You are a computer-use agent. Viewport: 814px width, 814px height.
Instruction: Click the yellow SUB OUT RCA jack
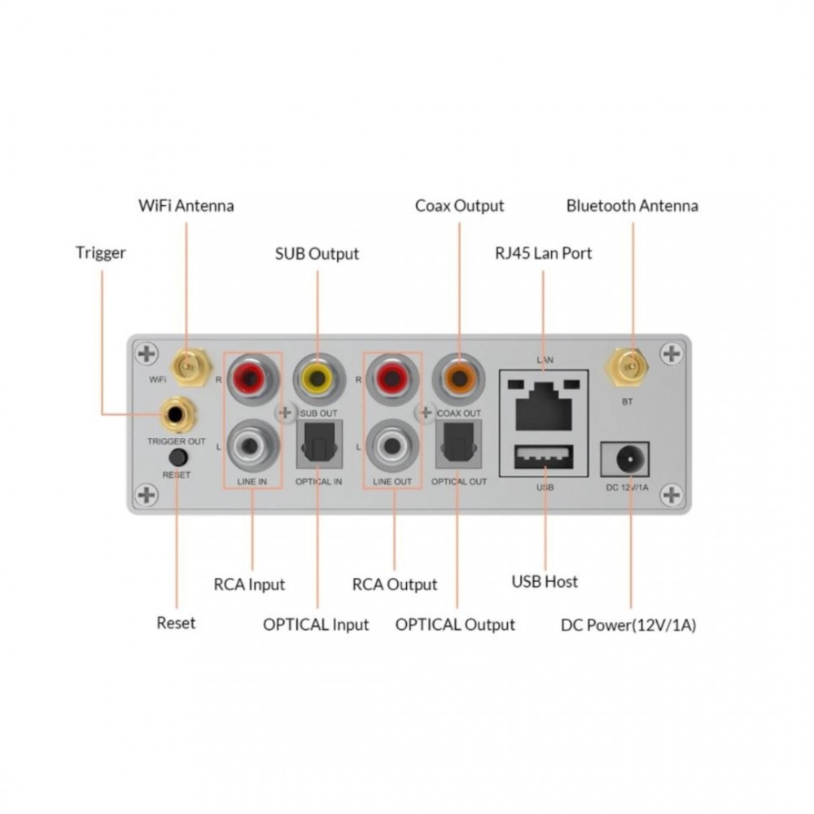[x=319, y=379]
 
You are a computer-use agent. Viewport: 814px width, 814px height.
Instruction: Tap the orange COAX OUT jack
[x=458, y=379]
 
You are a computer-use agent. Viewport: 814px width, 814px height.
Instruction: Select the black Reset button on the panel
[x=178, y=457]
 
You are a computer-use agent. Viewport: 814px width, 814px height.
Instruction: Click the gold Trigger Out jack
[x=177, y=414]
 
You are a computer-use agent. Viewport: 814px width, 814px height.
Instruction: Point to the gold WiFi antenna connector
[x=189, y=368]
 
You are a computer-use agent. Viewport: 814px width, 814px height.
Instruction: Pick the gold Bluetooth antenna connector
[x=627, y=368]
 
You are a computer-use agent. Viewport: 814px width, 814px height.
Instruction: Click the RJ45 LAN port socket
[x=544, y=405]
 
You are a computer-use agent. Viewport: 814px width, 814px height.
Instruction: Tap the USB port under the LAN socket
[x=544, y=457]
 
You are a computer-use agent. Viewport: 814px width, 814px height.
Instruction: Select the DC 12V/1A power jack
[x=625, y=459]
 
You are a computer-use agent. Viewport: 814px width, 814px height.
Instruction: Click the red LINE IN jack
[x=252, y=379]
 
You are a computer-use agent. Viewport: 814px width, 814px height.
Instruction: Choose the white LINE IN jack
[x=252, y=445]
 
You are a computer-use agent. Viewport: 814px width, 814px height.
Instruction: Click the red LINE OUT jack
[x=392, y=379]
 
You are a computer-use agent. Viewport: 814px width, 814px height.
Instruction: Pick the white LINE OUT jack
[x=392, y=445]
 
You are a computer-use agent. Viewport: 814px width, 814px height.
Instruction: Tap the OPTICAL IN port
[x=319, y=444]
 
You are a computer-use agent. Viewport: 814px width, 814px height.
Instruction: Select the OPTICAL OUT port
[x=459, y=444]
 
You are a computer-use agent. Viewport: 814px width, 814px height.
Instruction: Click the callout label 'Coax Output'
[x=459, y=206]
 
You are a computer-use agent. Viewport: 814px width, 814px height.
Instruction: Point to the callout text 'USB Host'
[x=545, y=581]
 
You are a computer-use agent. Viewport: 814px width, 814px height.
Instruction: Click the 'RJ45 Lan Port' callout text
[x=544, y=253]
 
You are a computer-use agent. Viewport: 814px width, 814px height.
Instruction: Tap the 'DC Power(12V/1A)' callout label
[x=628, y=625]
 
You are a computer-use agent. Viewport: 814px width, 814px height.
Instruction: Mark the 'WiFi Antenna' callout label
[x=186, y=206]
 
